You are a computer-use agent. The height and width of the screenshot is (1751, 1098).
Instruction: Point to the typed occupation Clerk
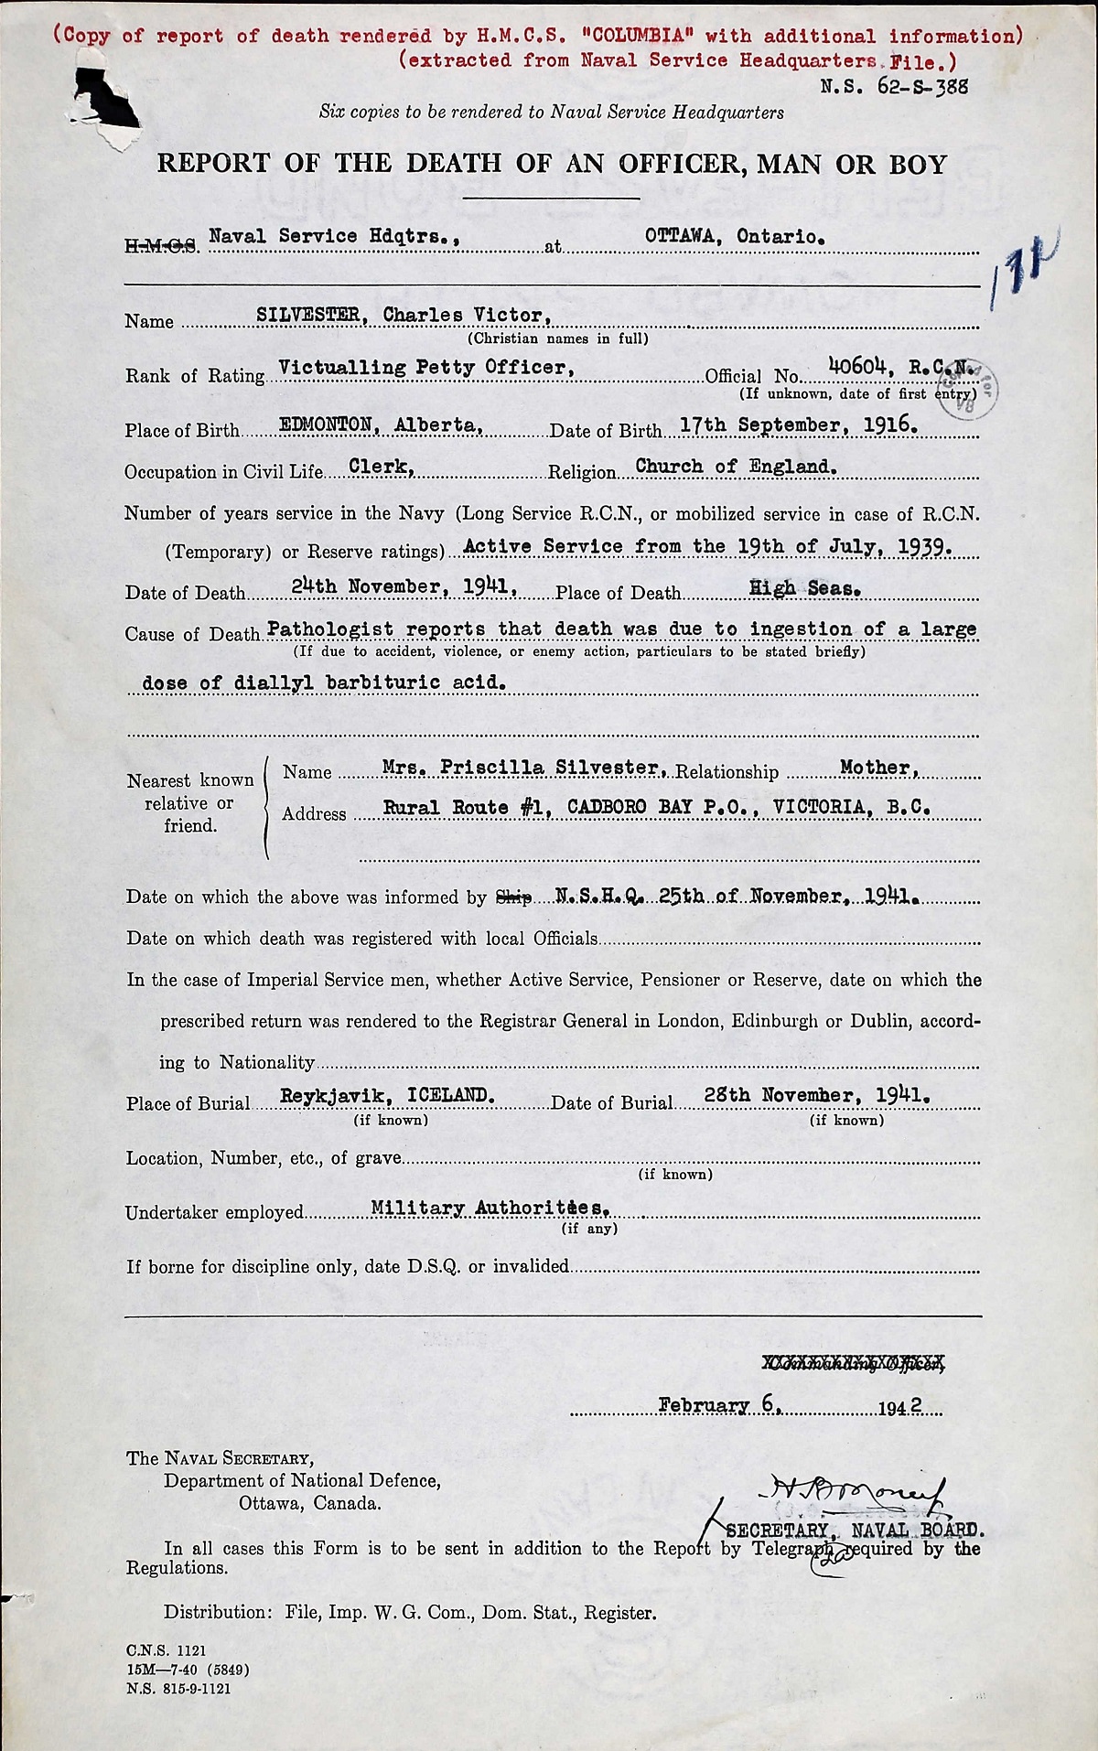tap(382, 466)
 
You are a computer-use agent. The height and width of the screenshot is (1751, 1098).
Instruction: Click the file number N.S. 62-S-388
tap(881, 87)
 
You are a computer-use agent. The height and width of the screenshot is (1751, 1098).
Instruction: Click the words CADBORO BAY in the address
tap(619, 808)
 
